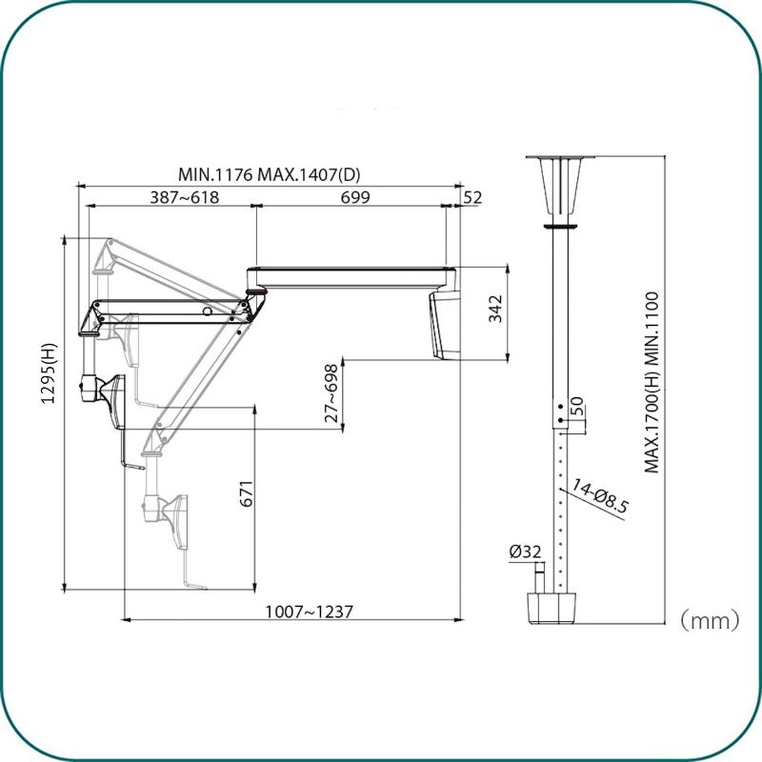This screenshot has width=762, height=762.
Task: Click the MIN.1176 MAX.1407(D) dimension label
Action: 270,174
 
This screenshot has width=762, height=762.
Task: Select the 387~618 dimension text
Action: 184,197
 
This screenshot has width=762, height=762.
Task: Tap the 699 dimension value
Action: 355,197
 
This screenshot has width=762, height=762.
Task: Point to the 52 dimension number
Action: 472,197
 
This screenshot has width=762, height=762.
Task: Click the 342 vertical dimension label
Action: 495,309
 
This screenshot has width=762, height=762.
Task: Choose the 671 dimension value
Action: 247,493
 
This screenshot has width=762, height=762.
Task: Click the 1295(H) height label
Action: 49,373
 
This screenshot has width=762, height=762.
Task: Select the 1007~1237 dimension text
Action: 309,611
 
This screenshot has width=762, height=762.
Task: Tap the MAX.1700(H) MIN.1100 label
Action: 652,383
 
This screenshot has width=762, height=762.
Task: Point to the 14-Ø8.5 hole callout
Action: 600,495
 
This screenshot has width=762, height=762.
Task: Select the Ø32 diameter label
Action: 525,551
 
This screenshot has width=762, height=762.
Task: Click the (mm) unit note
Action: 710,621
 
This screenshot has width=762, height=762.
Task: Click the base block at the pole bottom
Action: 552,608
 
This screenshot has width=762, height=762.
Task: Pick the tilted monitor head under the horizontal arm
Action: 444,325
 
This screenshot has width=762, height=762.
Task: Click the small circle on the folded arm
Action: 207,311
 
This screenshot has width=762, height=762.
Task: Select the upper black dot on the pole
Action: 560,407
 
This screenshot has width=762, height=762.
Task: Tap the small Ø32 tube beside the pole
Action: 540,576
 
